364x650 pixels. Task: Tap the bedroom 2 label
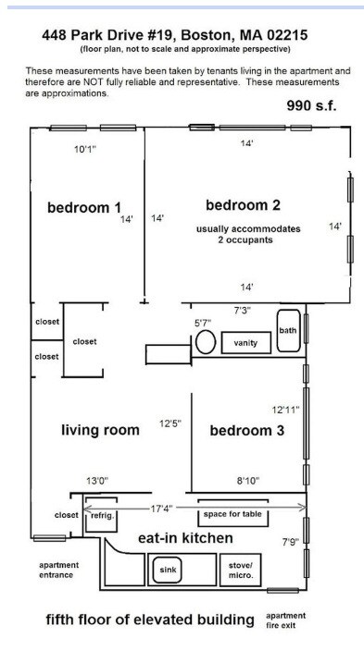point(243,204)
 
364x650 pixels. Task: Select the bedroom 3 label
point(247,430)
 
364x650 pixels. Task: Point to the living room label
point(101,430)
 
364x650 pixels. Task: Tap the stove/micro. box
point(241,571)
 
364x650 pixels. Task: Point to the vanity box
point(245,343)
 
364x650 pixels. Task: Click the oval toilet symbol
point(206,342)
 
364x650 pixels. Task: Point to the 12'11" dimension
point(285,408)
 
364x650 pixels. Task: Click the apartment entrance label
point(58,570)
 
